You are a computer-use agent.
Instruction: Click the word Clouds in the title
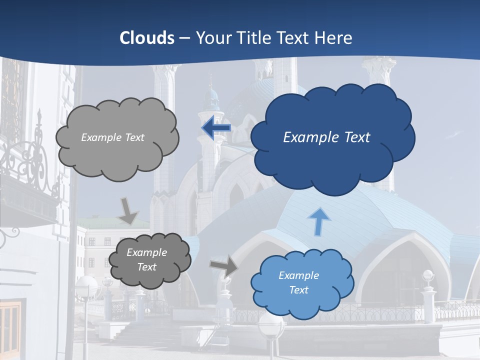(x=146, y=38)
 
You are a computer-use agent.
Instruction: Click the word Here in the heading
(x=335, y=38)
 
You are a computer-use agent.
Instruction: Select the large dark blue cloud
(x=332, y=160)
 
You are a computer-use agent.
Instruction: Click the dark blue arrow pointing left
(x=216, y=128)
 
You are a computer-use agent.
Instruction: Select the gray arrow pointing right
(x=223, y=265)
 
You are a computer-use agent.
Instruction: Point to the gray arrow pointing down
(x=128, y=210)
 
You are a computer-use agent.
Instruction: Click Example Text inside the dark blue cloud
(x=326, y=137)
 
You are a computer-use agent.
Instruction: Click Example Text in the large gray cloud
(x=112, y=137)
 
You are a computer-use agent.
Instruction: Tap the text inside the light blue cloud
(x=298, y=282)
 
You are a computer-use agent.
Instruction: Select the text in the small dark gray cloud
(x=146, y=260)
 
